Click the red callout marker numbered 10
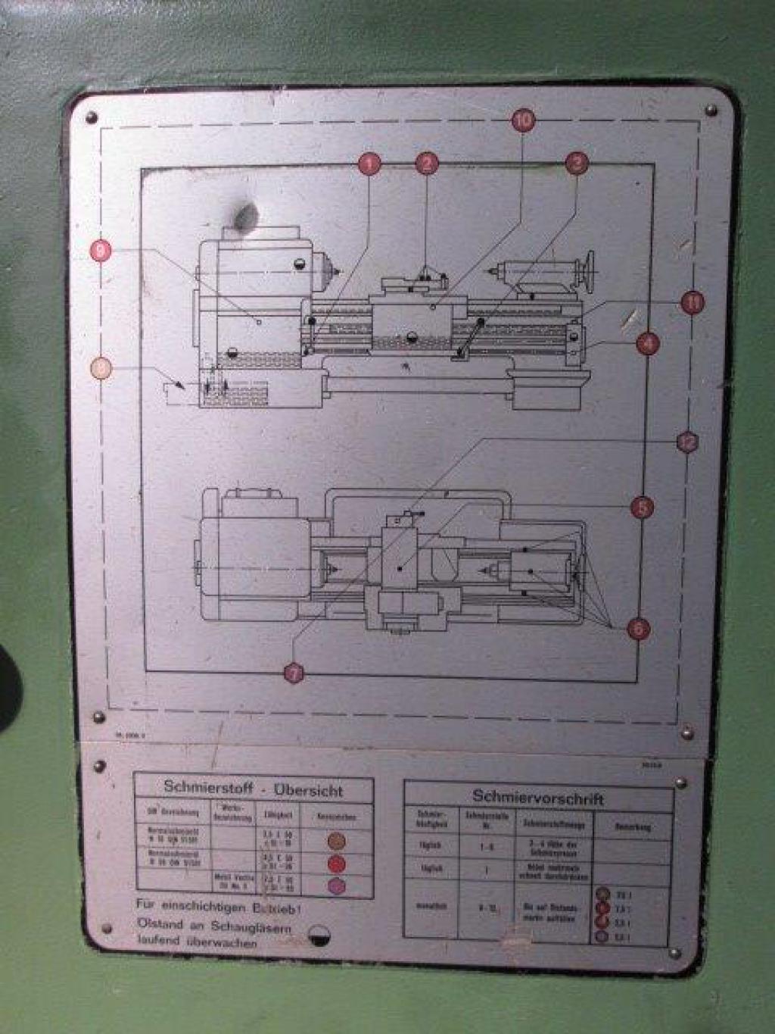coord(523,120)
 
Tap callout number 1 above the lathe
coord(369,164)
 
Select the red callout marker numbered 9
coord(101,250)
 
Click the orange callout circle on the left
coord(101,369)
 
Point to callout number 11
coord(692,302)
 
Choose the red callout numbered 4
coord(647,343)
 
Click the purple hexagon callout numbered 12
coord(686,442)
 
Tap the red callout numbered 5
coord(642,508)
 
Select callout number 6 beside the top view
coord(639,628)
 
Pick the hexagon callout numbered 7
coord(294,672)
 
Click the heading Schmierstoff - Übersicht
coord(253,789)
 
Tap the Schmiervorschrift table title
coord(537,797)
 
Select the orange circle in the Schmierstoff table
coord(337,840)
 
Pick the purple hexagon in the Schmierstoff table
coord(337,886)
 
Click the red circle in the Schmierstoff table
coord(337,864)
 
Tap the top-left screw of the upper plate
coord(92,118)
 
